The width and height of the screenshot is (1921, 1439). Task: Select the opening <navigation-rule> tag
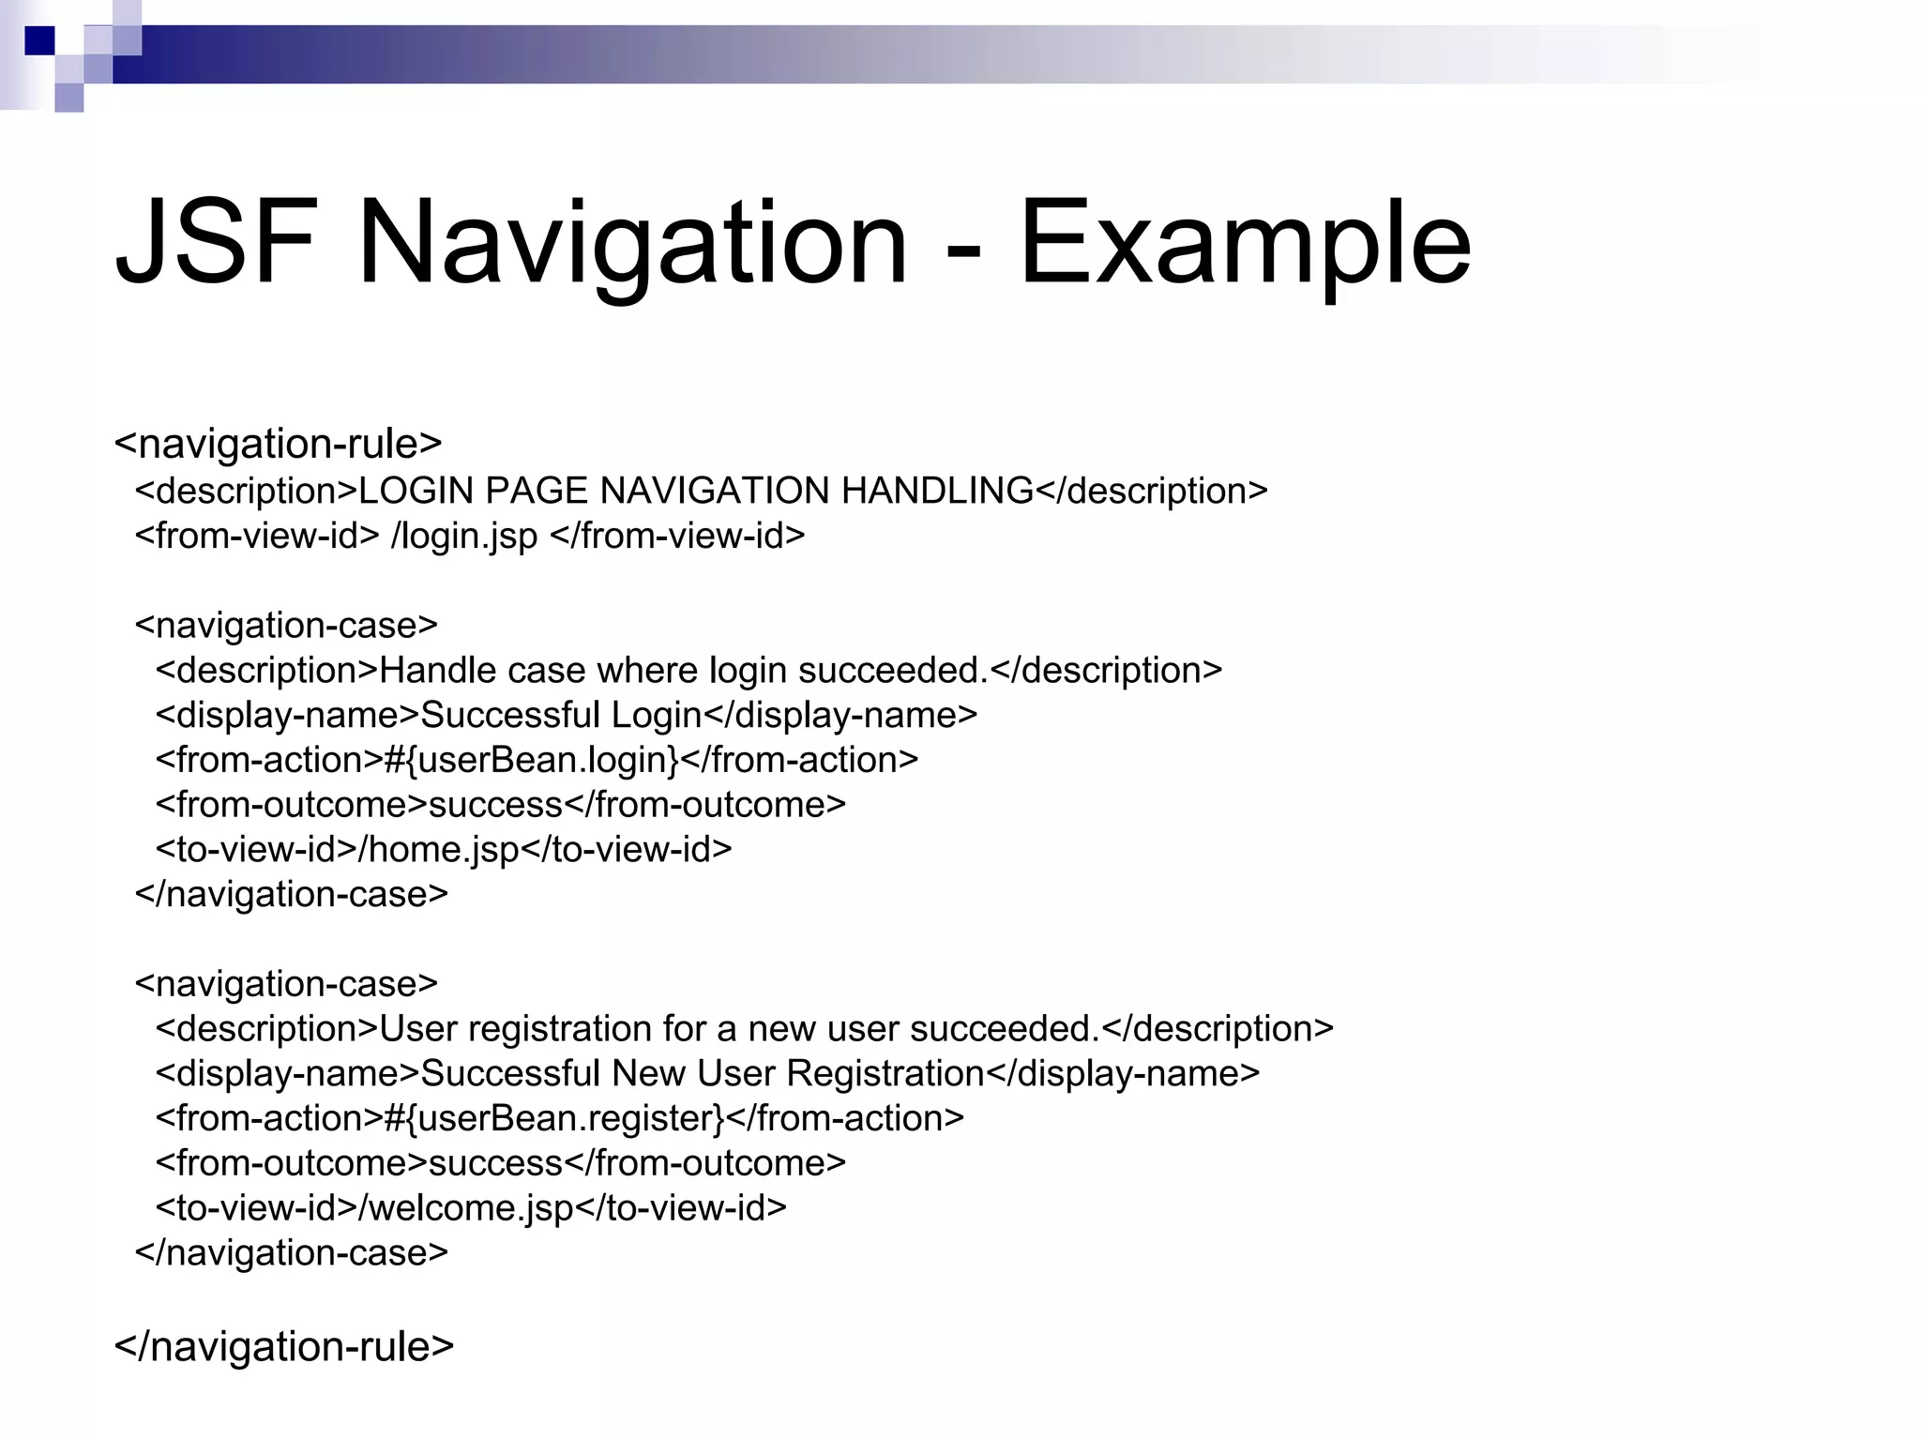[278, 444]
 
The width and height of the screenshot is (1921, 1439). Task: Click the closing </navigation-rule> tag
[283, 1346]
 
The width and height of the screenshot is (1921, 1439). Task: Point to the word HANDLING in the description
[937, 491]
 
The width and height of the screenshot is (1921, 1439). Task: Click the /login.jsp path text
[464, 536]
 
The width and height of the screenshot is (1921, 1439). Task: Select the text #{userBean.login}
[532, 760]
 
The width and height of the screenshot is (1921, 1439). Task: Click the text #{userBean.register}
[554, 1118]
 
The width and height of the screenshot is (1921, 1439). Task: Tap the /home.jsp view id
[439, 849]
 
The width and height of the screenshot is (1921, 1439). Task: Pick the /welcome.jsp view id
[466, 1207]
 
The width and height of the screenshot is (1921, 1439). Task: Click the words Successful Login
[561, 715]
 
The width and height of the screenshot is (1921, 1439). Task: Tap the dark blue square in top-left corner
[40, 40]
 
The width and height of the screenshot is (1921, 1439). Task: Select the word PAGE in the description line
[537, 491]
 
